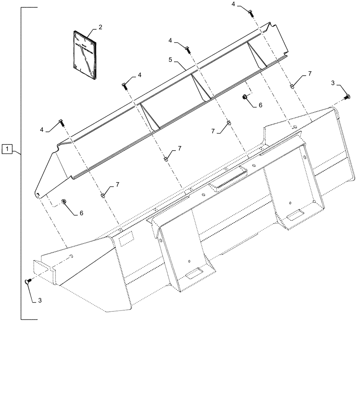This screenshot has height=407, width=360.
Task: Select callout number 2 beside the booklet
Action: click(x=100, y=28)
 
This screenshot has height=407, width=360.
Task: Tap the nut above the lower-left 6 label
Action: click(x=64, y=201)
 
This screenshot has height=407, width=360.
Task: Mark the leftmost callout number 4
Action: click(x=42, y=129)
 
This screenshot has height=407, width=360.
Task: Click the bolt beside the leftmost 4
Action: click(x=61, y=122)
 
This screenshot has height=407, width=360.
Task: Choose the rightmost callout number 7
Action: click(x=310, y=73)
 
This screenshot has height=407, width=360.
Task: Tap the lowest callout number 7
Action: click(x=117, y=185)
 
